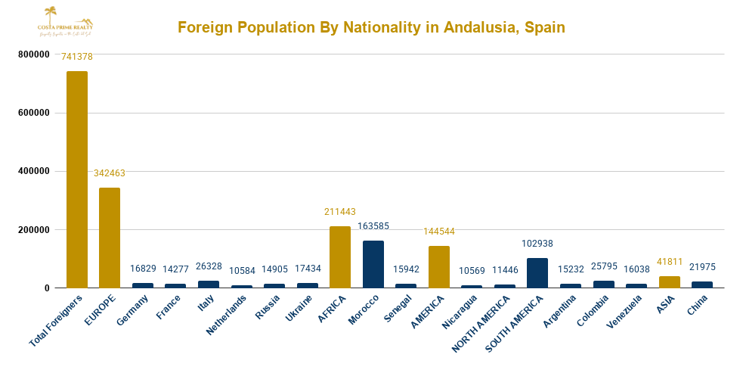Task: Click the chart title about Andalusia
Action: (x=371, y=28)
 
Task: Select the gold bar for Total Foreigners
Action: (x=77, y=179)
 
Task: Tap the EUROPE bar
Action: (x=110, y=238)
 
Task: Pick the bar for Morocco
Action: (x=373, y=264)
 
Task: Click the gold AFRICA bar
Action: (x=340, y=257)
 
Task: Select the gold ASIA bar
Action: (x=669, y=281)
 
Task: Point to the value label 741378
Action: (x=77, y=57)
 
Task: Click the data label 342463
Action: (x=110, y=173)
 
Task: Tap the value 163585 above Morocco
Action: (x=373, y=226)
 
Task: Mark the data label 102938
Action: (x=537, y=244)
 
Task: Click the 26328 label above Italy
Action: (x=209, y=266)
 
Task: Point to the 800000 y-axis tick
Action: (x=33, y=54)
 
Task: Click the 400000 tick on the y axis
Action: (x=33, y=171)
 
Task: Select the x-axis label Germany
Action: (x=132, y=311)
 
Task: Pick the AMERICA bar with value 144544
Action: (x=439, y=267)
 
